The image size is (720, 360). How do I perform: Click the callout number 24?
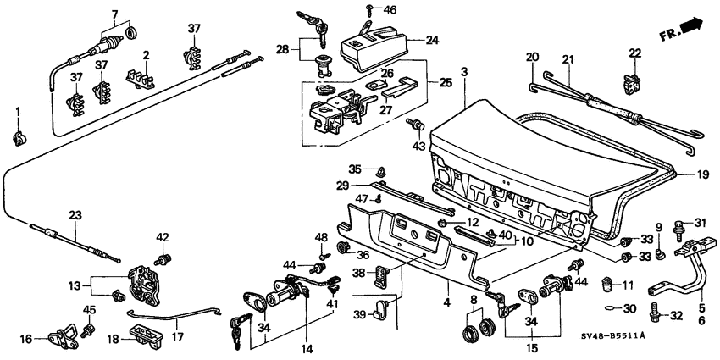pyautogui.click(x=432, y=39)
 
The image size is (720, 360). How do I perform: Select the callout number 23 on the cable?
pyautogui.click(x=75, y=215)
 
